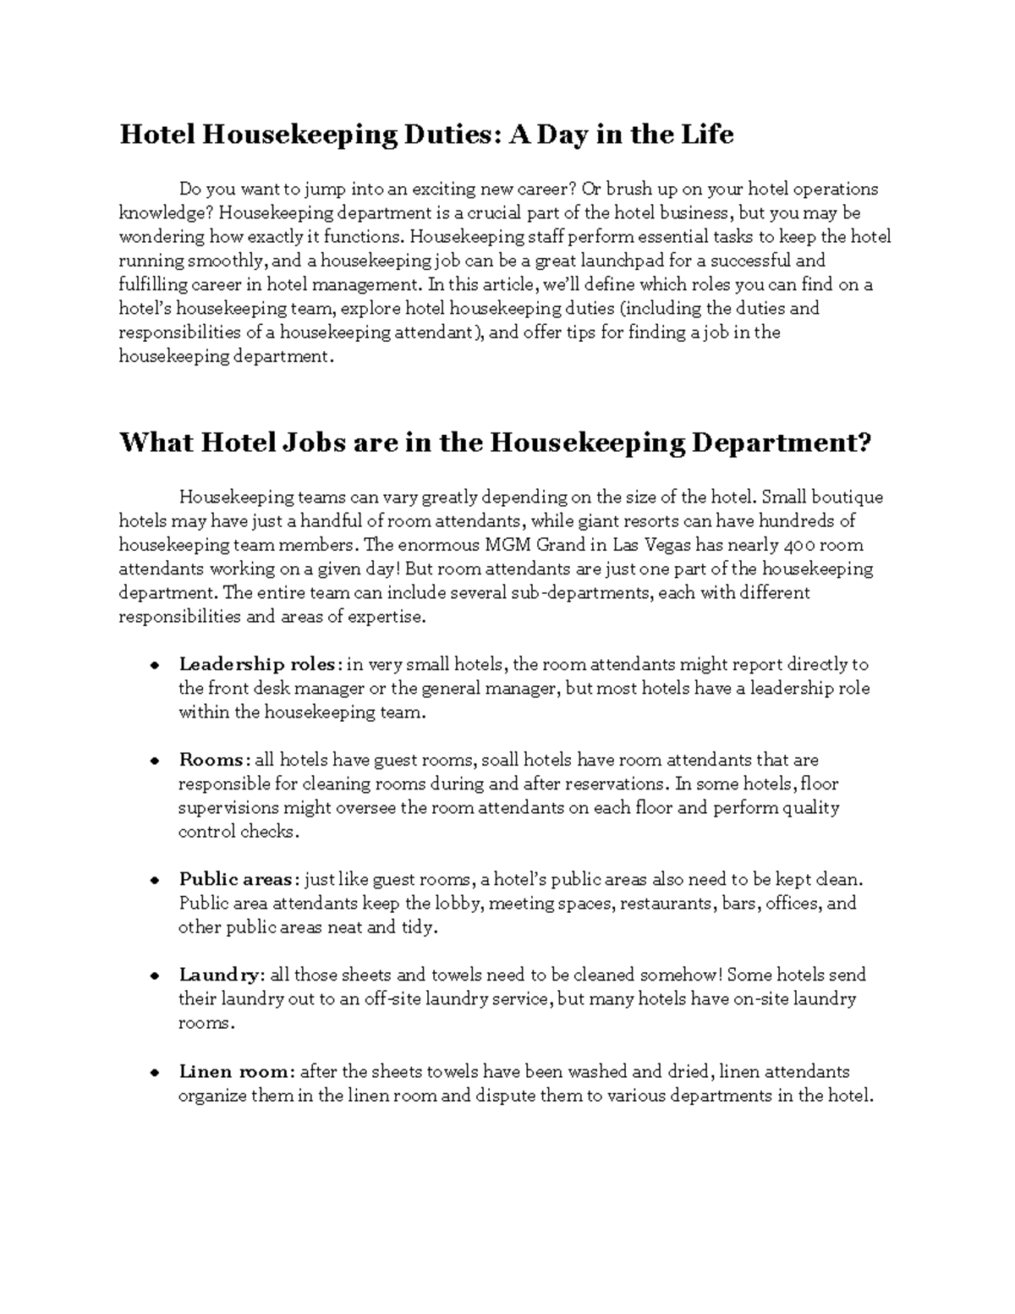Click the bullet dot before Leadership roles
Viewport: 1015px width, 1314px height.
click(155, 665)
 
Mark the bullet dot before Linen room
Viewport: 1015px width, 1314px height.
click(155, 1072)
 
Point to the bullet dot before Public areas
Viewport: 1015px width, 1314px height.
click(155, 880)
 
